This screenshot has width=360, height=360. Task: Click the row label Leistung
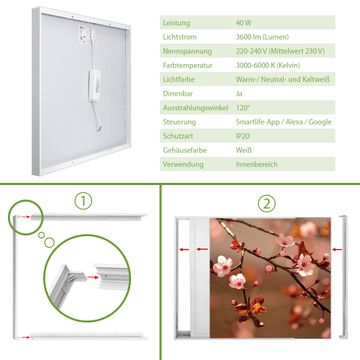tap(176, 23)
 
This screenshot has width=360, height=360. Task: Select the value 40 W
tap(244, 23)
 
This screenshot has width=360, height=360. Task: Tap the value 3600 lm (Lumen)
tap(262, 37)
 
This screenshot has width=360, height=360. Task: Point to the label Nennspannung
tap(187, 51)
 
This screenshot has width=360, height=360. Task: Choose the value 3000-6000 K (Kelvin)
tap(268, 65)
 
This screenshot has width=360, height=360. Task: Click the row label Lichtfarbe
tap(179, 80)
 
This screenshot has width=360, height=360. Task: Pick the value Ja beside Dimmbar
tap(239, 94)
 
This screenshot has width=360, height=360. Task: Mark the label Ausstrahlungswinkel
tap(196, 108)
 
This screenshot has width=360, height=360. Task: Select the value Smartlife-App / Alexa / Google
tap(284, 122)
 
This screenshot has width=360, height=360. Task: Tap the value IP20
tap(243, 136)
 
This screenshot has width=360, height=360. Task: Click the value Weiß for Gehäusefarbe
tap(244, 150)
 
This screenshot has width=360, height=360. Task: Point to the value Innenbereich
tap(257, 164)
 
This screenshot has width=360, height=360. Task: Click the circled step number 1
tap(83, 201)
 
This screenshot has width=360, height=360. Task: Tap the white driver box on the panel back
tap(94, 85)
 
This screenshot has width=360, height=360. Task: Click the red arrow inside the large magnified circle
tap(93, 277)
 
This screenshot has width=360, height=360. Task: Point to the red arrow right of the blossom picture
tap(337, 249)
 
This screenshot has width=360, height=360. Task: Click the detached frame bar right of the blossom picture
tap(343, 277)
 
